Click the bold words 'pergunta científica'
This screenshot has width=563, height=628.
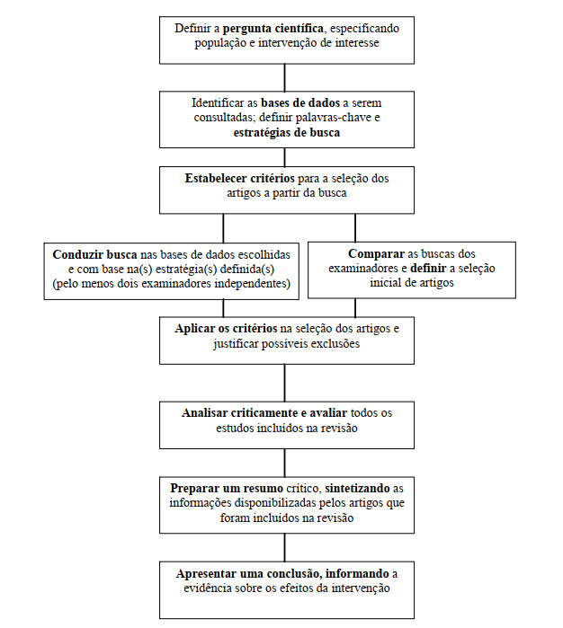tap(273, 29)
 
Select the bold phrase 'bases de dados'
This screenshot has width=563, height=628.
tap(300, 103)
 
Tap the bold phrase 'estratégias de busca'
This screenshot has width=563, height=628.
tap(287, 133)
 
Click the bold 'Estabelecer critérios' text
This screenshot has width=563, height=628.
tap(240, 178)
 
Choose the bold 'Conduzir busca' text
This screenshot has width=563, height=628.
tap(94, 255)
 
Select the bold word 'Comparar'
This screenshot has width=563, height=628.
tap(376, 254)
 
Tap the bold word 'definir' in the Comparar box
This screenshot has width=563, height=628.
tap(428, 269)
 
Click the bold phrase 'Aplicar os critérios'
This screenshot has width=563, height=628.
tap(226, 329)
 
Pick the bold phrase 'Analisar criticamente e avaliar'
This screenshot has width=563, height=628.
tap(264, 413)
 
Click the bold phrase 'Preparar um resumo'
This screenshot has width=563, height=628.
tap(227, 488)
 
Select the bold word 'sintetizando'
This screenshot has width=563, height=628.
tap(357, 488)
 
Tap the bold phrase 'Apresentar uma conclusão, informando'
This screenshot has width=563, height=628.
tap(282, 573)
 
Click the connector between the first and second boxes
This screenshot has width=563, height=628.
tap(285, 77)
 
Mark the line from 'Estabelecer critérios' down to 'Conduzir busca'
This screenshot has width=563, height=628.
tap(223, 228)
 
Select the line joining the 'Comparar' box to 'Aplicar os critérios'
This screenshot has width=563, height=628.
tap(355, 307)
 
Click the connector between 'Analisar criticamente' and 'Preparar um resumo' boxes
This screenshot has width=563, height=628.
tap(285, 463)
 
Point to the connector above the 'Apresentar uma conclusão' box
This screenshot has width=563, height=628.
tap(285, 547)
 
